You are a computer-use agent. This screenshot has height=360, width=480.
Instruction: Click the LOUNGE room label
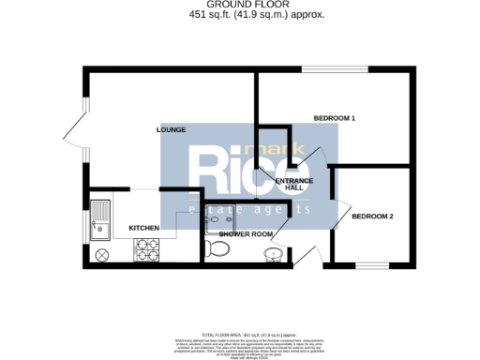tap(171, 129)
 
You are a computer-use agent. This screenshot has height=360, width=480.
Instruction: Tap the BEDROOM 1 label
tap(335, 118)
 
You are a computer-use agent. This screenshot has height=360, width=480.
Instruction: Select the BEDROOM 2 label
tap(371, 217)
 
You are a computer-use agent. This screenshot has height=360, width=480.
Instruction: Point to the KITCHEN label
tap(143, 228)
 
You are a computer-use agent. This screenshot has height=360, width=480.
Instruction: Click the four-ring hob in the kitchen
tap(148, 249)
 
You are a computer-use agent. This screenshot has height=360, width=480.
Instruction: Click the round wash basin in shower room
tap(272, 253)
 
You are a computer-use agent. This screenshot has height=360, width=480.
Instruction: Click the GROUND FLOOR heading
tap(239, 5)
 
